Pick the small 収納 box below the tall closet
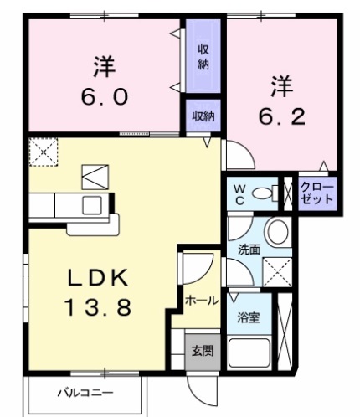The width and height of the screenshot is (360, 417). coord(203,116)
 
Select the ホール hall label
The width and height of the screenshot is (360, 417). coord(203,300)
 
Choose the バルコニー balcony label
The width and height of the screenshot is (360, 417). coord(84,392)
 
